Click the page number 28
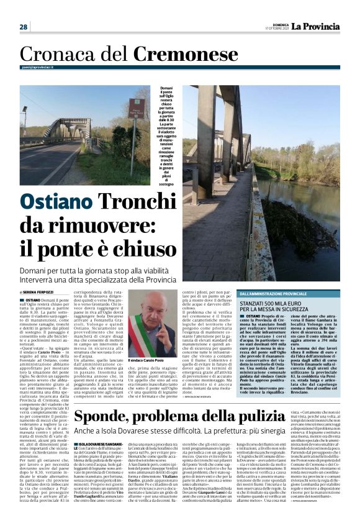coord(23,27)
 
